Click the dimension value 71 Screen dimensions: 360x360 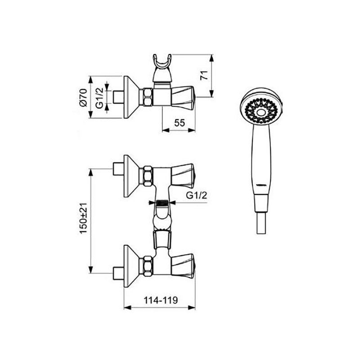click(204, 75)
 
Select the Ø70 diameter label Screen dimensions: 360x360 click(83, 98)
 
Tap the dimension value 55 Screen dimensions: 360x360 click(179, 123)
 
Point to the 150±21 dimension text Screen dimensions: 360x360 click(83, 218)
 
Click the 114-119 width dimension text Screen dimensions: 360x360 click(161, 300)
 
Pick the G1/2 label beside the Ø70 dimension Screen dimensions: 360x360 click(99, 98)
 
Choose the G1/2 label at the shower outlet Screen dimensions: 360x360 click(197, 195)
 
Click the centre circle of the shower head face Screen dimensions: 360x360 click(261, 112)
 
